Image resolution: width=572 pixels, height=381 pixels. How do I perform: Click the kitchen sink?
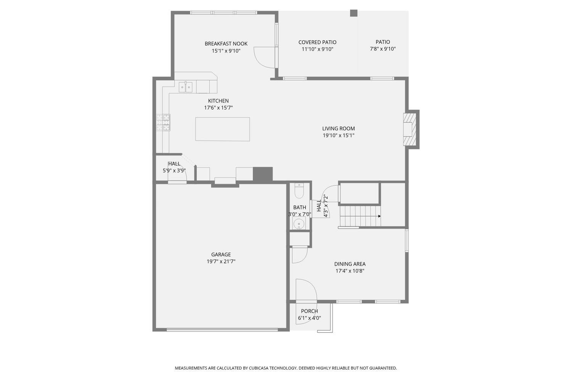(x=185, y=87)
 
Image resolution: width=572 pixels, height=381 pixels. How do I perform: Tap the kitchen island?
(x=222, y=129)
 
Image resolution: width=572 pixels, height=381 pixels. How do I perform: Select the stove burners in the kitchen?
(x=163, y=122)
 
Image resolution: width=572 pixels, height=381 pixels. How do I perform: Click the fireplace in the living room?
(x=410, y=130)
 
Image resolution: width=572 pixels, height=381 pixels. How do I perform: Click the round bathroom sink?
(x=299, y=224)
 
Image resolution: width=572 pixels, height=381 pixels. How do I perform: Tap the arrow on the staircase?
(x=379, y=216)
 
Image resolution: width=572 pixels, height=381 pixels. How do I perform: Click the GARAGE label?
(x=221, y=255)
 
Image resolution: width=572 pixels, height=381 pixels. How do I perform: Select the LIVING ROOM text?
(x=338, y=128)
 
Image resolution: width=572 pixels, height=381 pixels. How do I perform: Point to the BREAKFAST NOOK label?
(x=226, y=44)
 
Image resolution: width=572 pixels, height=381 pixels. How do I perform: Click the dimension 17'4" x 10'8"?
(x=350, y=271)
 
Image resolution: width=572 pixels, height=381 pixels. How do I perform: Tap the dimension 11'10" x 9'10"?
(x=317, y=49)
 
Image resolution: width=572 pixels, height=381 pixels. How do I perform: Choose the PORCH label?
(x=310, y=311)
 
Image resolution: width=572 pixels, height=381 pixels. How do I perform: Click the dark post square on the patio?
(x=353, y=13)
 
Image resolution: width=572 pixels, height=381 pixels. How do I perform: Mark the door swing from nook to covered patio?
(x=264, y=58)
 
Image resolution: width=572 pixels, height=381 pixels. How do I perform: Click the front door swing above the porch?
(x=307, y=290)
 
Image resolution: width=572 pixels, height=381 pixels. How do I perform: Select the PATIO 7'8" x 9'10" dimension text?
(x=383, y=49)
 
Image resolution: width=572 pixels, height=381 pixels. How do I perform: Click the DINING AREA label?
(x=350, y=264)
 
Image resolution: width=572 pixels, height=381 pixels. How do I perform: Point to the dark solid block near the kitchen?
(x=263, y=174)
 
